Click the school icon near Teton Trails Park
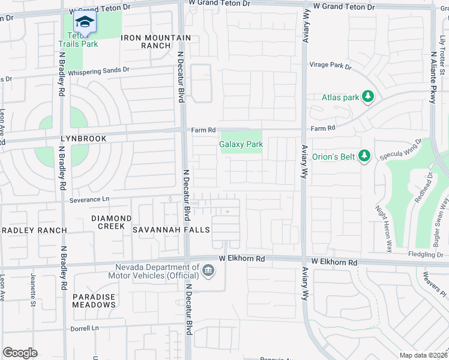85,22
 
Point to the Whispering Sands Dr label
98,70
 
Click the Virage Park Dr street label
330,65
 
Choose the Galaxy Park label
241,145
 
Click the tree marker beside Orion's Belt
363,156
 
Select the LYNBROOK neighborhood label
83,139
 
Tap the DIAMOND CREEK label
112,222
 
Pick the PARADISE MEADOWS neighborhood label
94,301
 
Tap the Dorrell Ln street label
84,328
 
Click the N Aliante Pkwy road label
433,74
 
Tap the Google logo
20,352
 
